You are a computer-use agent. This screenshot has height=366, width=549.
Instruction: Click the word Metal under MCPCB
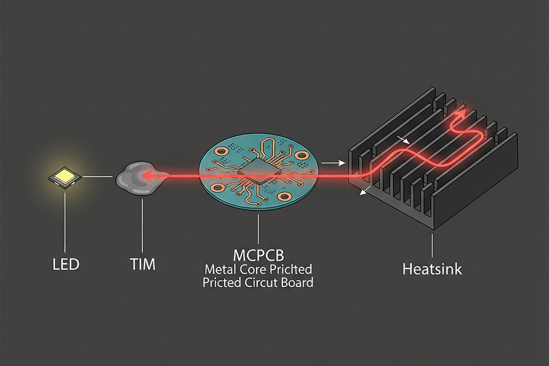220,269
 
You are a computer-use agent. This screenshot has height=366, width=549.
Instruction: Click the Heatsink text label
432,268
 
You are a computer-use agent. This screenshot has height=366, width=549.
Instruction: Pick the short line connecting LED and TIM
99,178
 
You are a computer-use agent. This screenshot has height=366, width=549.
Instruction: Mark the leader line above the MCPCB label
258,228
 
